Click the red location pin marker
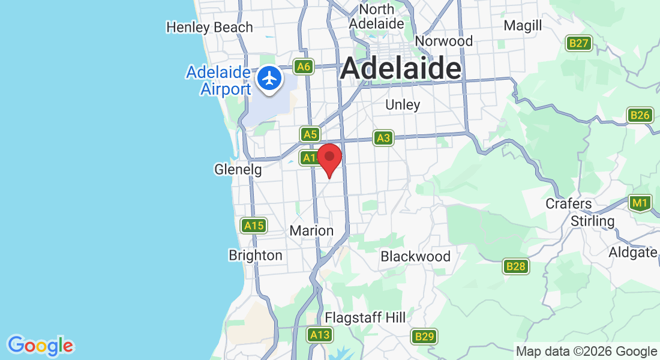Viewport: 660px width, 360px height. coord(329,158)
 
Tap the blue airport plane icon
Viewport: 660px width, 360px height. coord(270,78)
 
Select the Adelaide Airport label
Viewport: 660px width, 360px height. coord(218,81)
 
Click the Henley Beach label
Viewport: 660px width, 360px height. coord(209,27)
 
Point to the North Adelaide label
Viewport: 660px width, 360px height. coord(377,17)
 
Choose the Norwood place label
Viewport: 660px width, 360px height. coord(444,41)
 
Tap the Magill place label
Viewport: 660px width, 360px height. coord(523,26)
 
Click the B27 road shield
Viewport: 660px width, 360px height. coord(580,43)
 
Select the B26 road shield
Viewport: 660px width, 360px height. coord(640,115)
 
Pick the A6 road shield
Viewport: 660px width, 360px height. coord(304,67)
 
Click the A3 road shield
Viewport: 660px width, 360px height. coord(383,139)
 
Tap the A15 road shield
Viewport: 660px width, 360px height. coord(254,226)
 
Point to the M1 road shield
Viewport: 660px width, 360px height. coord(640,203)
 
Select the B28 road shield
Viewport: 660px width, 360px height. coord(515,266)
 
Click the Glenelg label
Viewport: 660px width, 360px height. coord(238,170)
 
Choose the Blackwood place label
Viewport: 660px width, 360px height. coord(415,256)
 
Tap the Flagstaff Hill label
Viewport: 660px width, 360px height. coord(365,317)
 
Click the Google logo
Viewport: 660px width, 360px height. coord(41,346)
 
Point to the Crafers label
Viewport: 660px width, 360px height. coord(568,203)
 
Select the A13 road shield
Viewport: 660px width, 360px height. coord(320,335)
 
